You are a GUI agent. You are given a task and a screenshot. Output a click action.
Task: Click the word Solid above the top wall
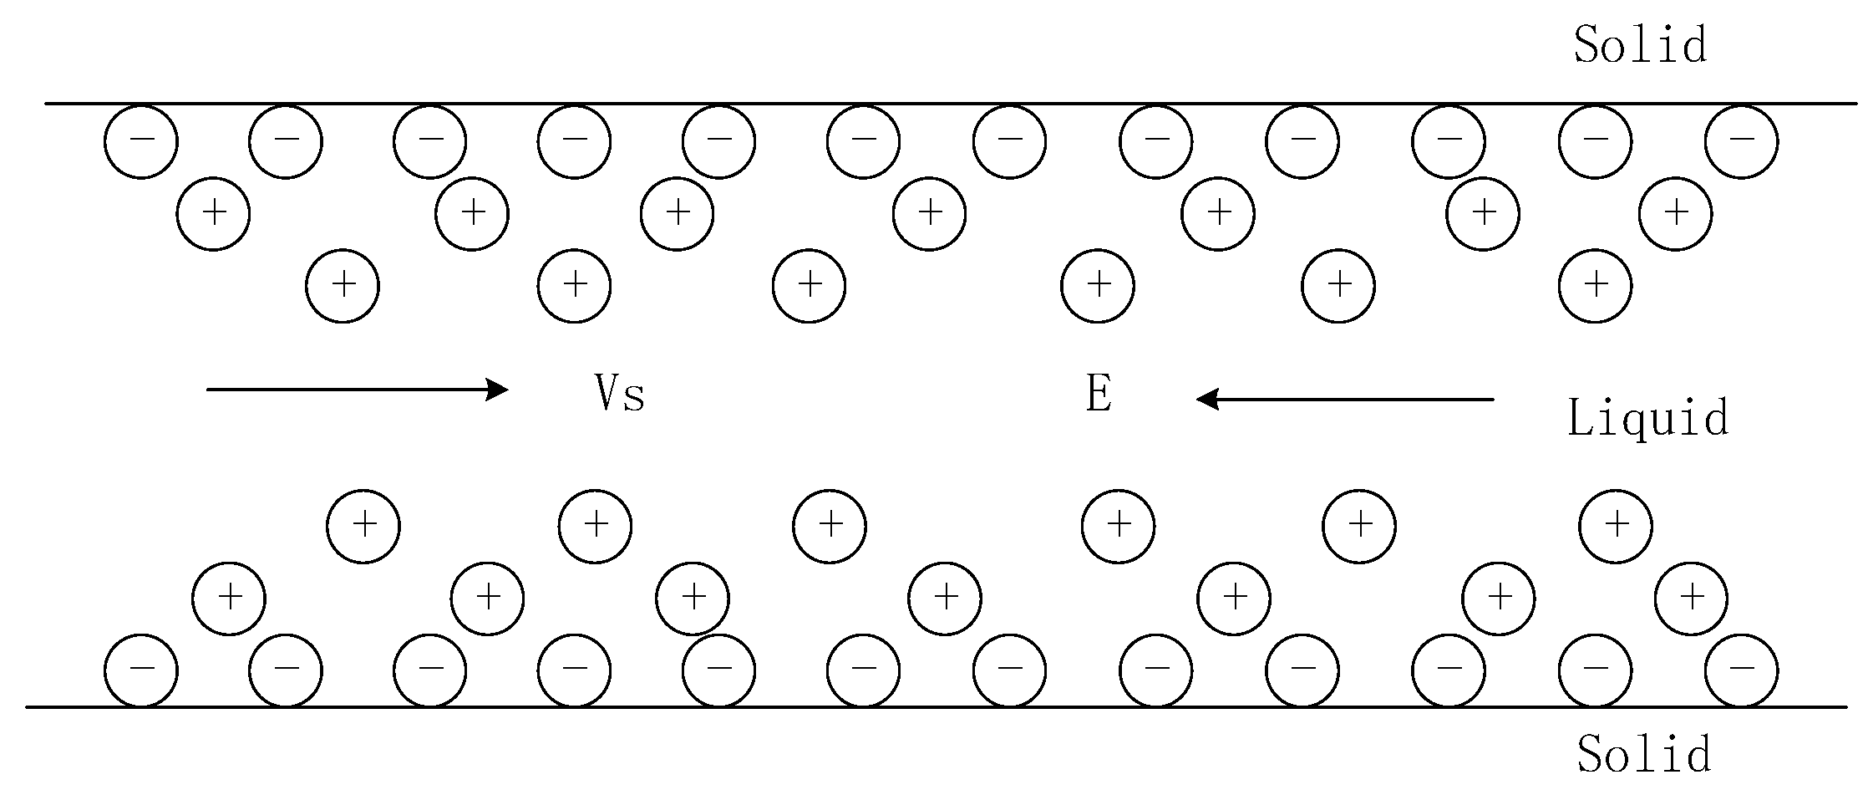(1640, 45)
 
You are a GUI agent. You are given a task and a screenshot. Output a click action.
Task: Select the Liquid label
(1647, 418)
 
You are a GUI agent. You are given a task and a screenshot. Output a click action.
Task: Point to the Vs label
(619, 393)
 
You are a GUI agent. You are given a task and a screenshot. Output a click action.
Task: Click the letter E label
(1099, 394)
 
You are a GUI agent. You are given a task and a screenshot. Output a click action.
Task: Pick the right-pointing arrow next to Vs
(358, 390)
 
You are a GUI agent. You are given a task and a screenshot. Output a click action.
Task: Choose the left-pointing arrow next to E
(1345, 400)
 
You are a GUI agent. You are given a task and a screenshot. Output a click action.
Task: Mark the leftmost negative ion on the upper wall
(141, 141)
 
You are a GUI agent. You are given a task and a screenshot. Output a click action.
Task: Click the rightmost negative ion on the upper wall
(1741, 141)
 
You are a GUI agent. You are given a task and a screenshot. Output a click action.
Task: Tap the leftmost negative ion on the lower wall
(141, 670)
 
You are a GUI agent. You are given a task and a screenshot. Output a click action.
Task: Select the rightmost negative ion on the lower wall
(1741, 670)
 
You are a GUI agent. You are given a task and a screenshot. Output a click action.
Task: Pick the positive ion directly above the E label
(1098, 286)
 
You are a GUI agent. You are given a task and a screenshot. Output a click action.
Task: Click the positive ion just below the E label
(1118, 526)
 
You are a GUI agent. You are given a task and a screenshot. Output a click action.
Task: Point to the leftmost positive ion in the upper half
(214, 214)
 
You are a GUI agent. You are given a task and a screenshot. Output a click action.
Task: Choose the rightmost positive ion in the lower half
(1692, 599)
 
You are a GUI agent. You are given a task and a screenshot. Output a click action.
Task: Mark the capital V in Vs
(607, 393)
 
